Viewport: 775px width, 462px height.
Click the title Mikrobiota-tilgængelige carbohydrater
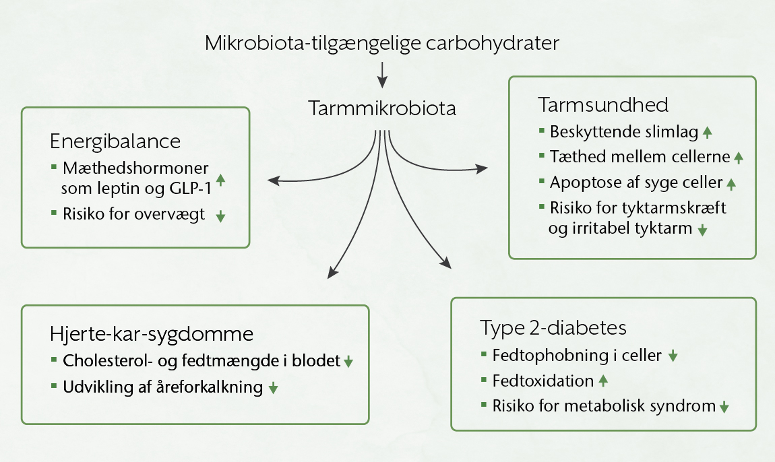(382, 44)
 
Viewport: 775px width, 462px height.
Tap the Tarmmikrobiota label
(382, 108)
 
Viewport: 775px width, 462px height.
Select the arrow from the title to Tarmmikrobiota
(382, 75)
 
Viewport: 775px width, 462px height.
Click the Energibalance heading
(115, 141)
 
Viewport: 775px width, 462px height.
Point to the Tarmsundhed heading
(603, 106)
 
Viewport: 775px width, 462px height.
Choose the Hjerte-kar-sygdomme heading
(152, 334)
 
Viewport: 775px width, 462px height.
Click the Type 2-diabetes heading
(553, 328)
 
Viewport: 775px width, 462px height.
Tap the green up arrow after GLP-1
(220, 180)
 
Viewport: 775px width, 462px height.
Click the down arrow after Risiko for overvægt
(220, 217)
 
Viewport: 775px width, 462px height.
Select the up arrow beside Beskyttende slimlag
(707, 133)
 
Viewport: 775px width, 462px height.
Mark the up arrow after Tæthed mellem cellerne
(738, 158)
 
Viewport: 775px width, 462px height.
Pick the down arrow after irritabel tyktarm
(702, 230)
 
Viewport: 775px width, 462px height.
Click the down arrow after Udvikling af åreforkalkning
(273, 388)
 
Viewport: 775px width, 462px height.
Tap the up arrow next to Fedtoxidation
(603, 381)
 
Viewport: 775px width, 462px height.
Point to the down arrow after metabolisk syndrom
(724, 407)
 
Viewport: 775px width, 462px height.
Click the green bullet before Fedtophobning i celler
(484, 353)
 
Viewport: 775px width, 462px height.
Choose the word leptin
(125, 189)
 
